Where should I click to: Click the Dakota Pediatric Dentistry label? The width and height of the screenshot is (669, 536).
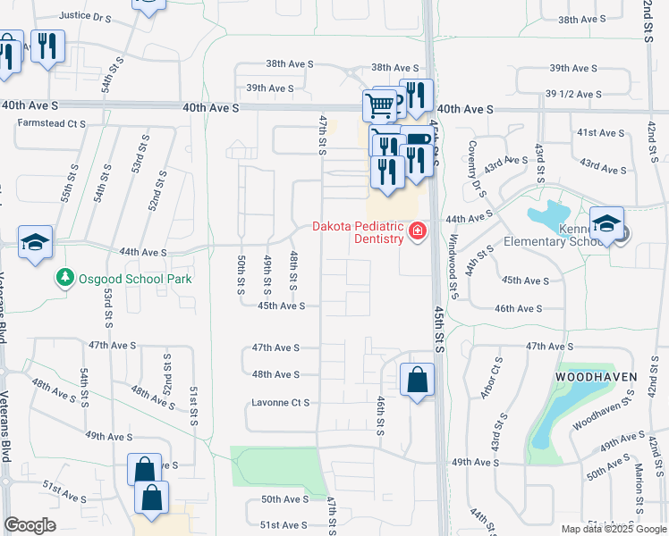(356, 232)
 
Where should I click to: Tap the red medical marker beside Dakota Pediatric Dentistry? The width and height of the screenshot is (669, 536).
(417, 232)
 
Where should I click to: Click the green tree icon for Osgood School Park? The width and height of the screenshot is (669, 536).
(64, 279)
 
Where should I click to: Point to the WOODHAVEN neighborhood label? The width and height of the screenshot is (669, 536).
(598, 377)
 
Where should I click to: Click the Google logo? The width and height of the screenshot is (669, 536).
(30, 525)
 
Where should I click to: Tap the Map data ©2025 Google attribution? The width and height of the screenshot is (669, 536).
(613, 529)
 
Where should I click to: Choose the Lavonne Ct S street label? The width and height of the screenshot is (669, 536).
(281, 403)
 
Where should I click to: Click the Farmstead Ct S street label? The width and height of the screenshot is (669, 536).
(52, 123)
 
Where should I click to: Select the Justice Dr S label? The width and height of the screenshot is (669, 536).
(85, 16)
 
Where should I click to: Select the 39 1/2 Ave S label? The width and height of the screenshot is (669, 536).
(573, 94)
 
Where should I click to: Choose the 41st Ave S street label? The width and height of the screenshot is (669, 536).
(599, 132)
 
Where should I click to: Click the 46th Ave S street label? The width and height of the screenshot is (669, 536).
(519, 308)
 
